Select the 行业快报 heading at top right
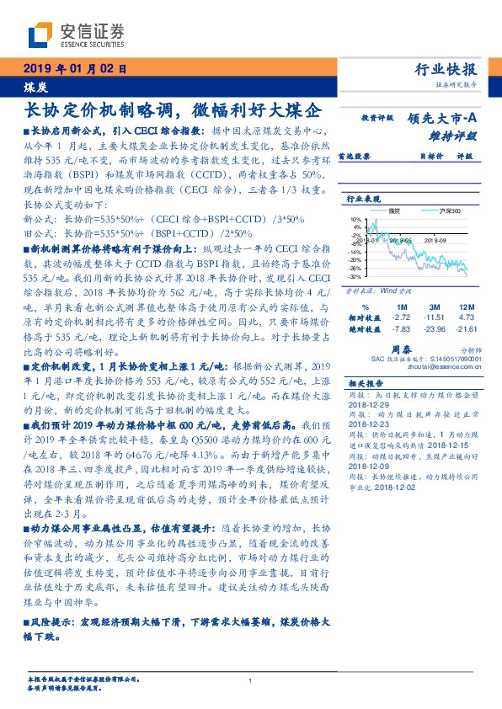[446, 70]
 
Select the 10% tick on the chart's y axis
[357, 218]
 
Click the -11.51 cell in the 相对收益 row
[434, 317]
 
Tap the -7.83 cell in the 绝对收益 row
[401, 329]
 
